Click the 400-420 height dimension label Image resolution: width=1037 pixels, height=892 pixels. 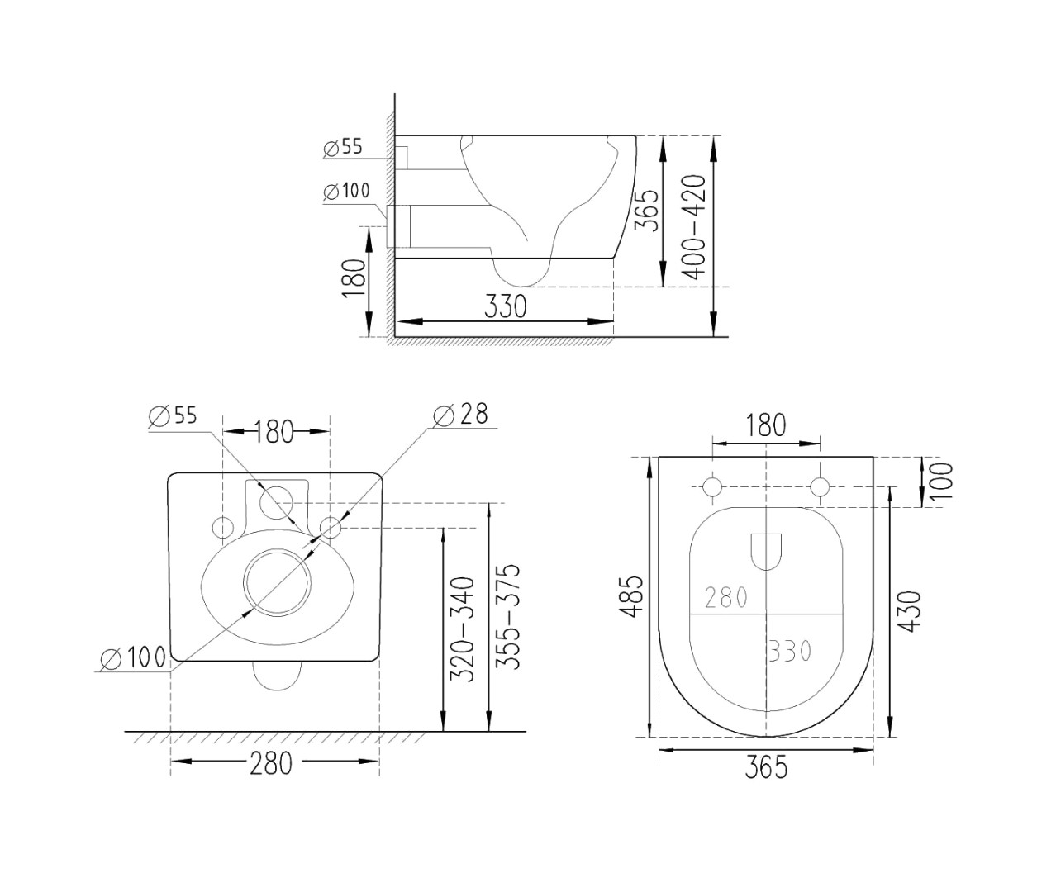694,226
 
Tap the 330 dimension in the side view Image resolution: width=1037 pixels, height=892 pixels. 505,306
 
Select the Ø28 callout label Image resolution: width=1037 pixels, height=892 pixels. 459,414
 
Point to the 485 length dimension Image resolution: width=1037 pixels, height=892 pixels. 631,595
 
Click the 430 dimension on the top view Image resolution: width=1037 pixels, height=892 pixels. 910,612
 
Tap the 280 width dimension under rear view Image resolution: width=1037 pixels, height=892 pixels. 271,764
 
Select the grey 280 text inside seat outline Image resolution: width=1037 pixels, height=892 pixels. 726,598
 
